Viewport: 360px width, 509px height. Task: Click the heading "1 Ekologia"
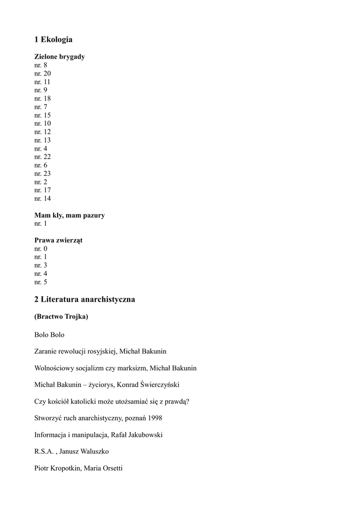tap(53, 39)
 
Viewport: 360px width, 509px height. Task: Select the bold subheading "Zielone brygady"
tap(59, 57)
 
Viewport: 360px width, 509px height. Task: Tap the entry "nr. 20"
tap(42, 74)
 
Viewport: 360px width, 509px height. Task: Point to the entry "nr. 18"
tap(42, 98)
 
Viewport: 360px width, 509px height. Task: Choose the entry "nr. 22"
tap(42, 157)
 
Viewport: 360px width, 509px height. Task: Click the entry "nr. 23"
tap(42, 173)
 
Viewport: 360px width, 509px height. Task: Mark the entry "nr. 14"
tap(42, 199)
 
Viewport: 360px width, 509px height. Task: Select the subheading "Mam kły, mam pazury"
tap(69, 215)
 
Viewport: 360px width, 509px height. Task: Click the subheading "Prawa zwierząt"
tap(58, 241)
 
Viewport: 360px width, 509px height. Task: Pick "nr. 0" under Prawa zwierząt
tap(41, 249)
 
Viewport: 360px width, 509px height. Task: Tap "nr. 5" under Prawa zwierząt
tap(41, 282)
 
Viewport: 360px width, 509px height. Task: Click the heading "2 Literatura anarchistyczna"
tap(85, 300)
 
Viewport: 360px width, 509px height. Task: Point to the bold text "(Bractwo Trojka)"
tap(61, 317)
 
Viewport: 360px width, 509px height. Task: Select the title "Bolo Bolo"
tap(49, 335)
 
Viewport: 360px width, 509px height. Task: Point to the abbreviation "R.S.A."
tap(44, 451)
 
